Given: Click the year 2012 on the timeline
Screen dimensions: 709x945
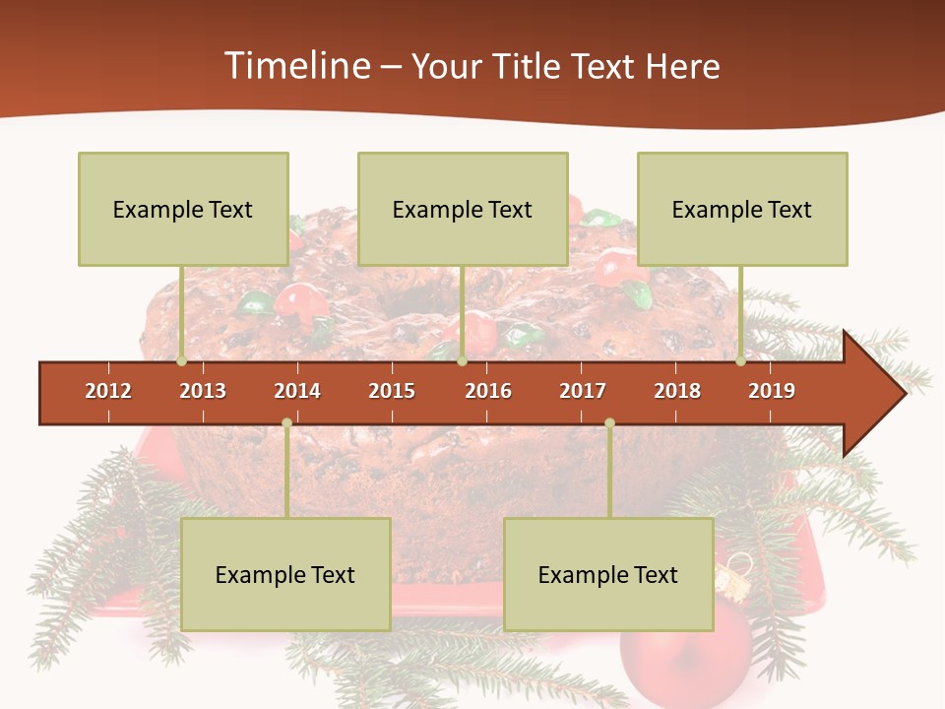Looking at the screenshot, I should [108, 391].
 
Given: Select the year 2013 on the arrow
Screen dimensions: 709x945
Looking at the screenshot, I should [203, 391].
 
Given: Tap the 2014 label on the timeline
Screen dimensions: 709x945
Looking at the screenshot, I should [297, 391].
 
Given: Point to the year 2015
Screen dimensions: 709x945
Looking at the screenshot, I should [392, 391].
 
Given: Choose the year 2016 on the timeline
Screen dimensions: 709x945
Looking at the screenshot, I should [488, 391].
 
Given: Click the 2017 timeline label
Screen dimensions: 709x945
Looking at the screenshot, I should [583, 391].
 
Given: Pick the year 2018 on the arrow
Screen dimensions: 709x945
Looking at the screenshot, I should [677, 391].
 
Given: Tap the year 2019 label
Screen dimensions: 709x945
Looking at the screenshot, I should [772, 391].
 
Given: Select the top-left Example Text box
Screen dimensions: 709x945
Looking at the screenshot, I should [183, 209].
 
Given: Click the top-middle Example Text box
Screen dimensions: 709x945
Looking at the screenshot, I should [463, 209].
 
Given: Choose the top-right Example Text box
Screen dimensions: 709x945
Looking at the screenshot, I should [742, 209].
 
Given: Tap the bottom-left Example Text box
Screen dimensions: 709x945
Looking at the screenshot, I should [285, 574].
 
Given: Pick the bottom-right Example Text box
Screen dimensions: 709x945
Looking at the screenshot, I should [608, 574].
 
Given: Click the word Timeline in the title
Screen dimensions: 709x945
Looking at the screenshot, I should [295, 66].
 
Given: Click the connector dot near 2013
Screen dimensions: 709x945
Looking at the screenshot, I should [182, 361].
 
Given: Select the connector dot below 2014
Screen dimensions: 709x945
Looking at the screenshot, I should [286, 423].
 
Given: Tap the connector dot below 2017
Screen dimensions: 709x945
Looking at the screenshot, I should [609, 423].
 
